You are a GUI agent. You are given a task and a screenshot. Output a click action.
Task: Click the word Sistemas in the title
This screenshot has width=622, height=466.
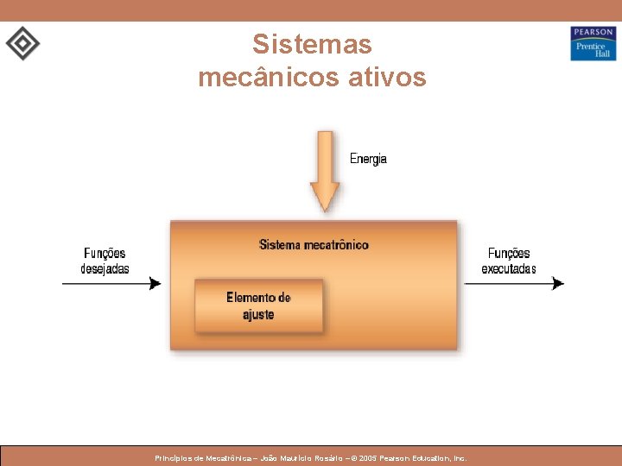point(312,44)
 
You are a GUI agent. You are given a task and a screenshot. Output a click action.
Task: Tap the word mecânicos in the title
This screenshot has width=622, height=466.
point(260,78)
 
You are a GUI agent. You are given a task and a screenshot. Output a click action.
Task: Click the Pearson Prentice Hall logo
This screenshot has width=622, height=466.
point(593,43)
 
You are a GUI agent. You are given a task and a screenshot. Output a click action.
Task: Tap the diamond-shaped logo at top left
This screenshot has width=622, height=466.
point(22,43)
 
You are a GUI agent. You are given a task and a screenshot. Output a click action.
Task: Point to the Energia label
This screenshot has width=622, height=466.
point(368,159)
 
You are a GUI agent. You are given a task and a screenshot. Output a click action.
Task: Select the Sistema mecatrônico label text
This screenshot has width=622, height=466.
point(314,245)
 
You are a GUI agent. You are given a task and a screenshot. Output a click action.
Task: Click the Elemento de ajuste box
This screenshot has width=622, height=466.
point(259,306)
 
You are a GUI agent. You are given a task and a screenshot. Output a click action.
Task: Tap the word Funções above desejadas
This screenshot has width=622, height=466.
point(105,254)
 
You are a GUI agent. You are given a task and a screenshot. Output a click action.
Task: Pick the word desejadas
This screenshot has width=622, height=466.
point(105,268)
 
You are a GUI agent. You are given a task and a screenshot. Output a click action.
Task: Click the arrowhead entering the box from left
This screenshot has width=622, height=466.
point(155,283)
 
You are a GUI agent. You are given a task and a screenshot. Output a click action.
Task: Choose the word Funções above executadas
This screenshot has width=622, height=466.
point(509,254)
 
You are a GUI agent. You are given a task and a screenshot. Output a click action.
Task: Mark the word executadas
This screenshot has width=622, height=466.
point(509,268)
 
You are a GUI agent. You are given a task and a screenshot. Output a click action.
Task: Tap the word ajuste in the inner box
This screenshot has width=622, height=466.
point(258,315)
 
